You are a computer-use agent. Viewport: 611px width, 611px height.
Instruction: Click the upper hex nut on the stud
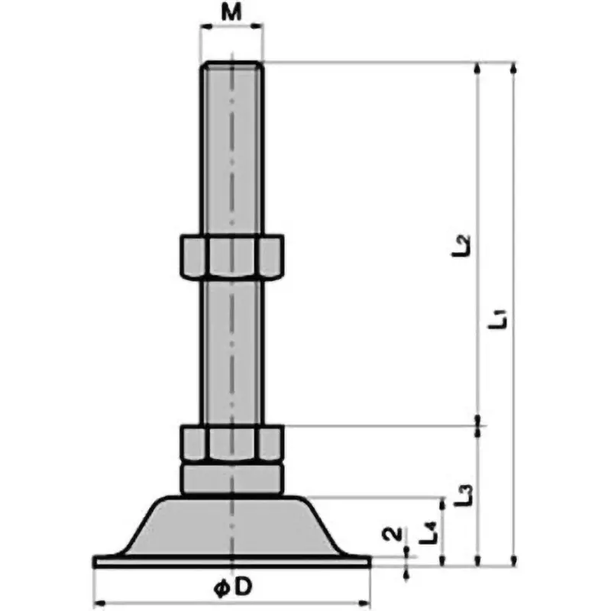[231, 257]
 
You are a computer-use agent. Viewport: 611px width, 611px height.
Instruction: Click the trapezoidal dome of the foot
[231, 526]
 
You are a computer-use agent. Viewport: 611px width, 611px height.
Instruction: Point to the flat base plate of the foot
[231, 561]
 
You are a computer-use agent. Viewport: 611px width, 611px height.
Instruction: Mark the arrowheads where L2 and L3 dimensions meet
[479, 425]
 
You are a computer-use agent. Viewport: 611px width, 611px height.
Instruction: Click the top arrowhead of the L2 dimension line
[479, 67]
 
